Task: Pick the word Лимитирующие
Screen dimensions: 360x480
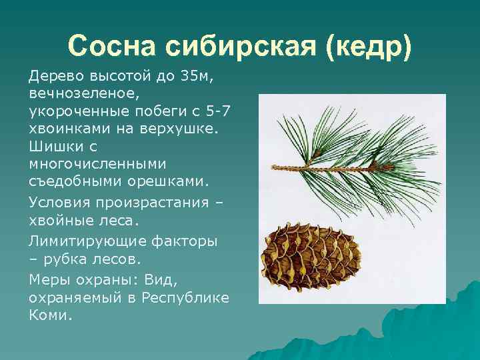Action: [89, 239]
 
